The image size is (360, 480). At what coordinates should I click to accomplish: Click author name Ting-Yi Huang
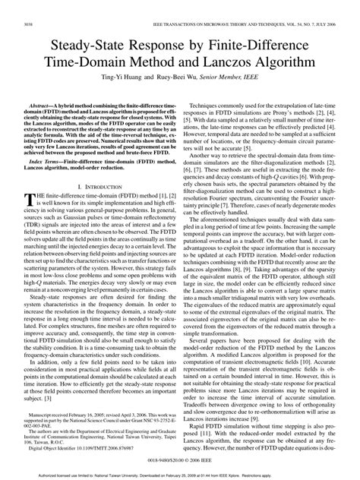(x=127, y=77)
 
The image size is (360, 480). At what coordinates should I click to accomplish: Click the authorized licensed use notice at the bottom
(x=180, y=475)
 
